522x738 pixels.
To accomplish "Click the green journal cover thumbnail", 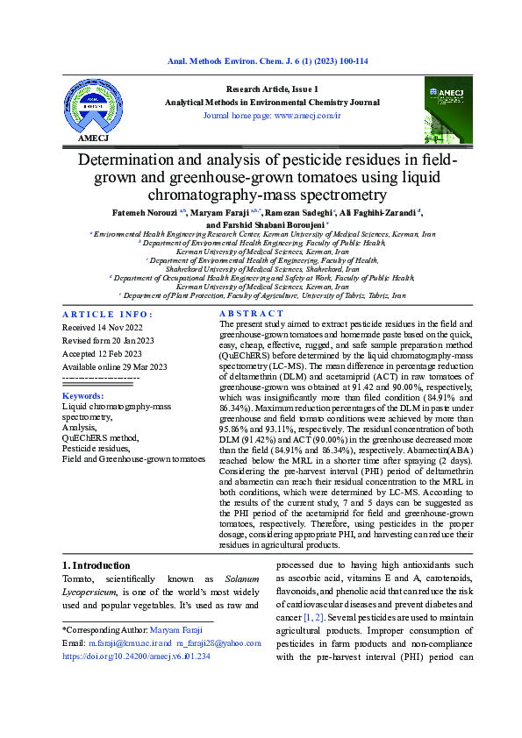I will [447, 110].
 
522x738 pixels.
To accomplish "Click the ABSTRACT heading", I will [251, 314].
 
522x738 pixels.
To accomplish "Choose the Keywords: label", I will [83, 396].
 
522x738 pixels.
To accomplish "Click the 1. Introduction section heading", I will [97, 565].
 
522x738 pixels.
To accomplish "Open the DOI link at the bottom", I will [136, 655].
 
